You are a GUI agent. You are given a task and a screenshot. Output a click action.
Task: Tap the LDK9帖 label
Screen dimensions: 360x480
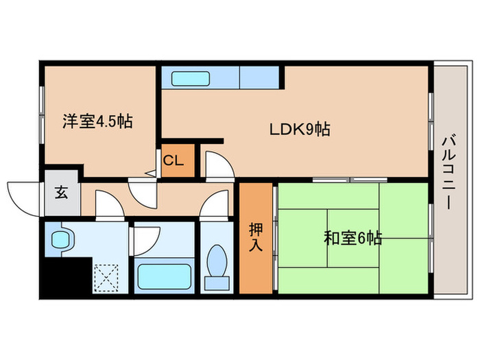coord(299,128)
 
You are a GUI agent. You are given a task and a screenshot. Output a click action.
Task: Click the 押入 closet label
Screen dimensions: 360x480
coord(255,237)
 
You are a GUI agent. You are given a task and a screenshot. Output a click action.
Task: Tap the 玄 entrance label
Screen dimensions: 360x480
coord(61,193)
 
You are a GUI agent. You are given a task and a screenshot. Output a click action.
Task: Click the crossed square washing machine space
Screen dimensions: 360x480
coord(106,278)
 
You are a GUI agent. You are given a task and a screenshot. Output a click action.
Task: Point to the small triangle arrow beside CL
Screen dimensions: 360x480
coord(152,174)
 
